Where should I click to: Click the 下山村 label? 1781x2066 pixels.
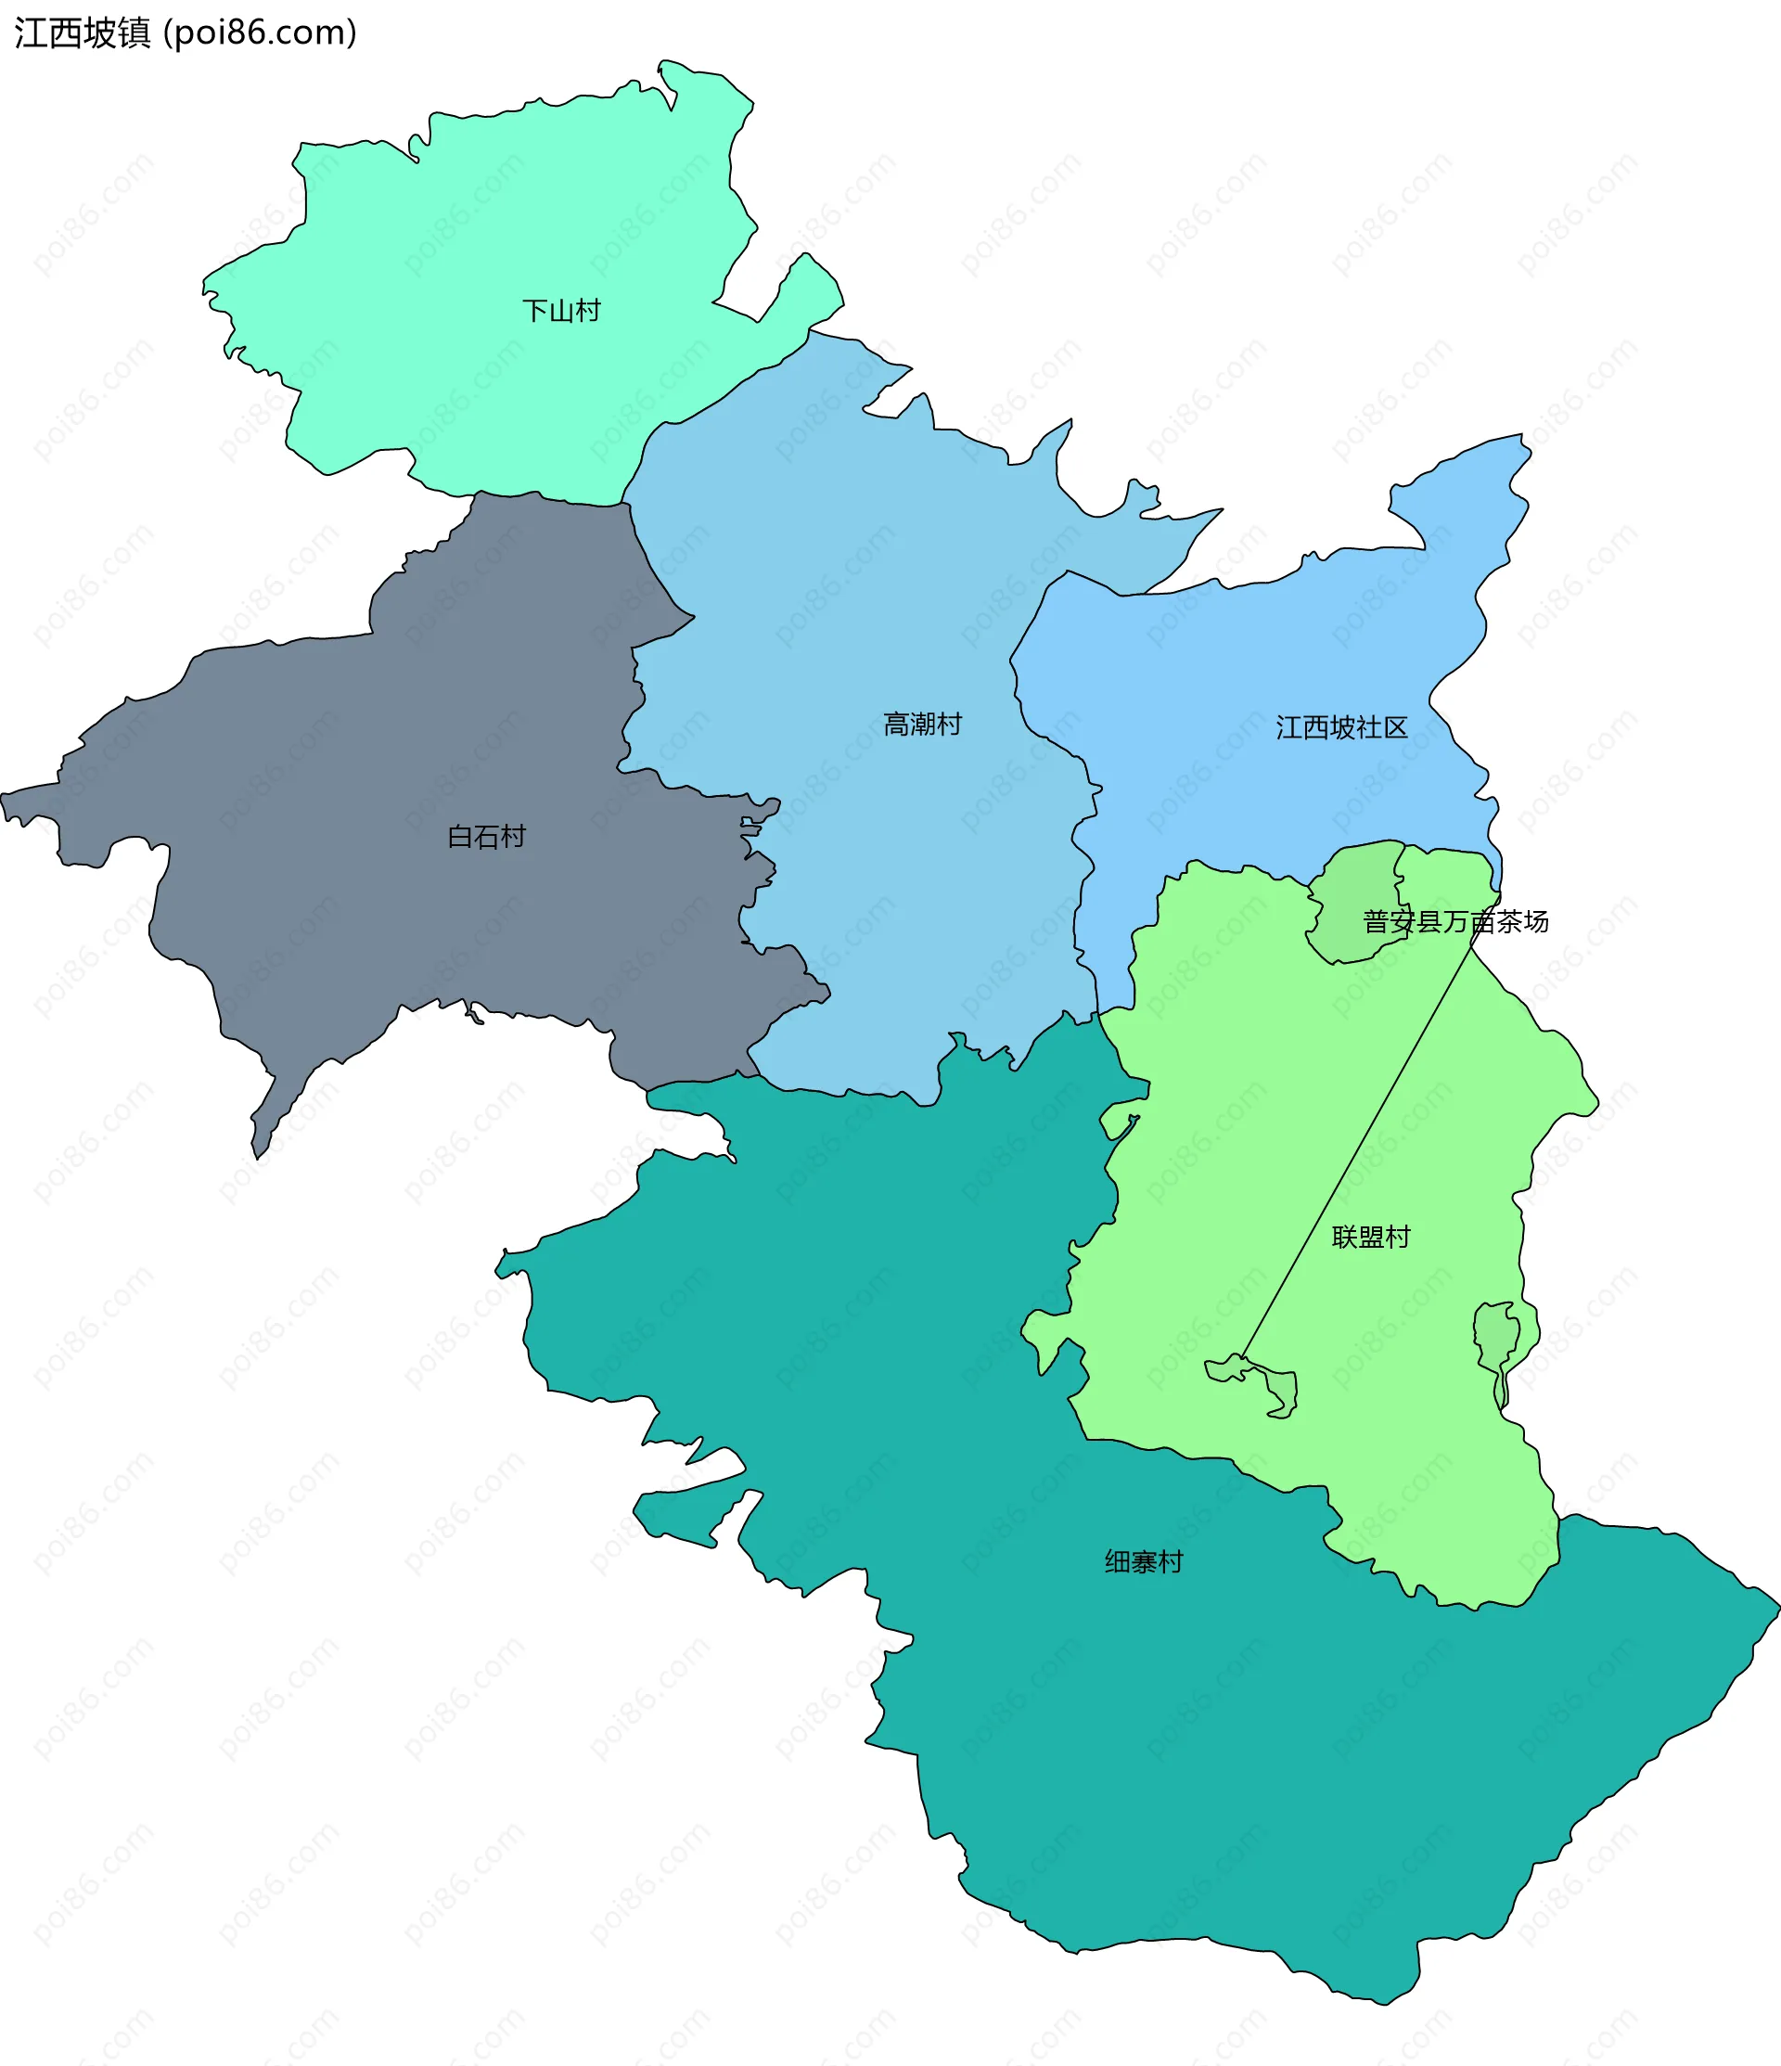pos(561,311)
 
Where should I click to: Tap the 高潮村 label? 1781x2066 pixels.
pos(922,724)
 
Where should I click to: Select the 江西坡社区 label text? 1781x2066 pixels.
pos(1341,728)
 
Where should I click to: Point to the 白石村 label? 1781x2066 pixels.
pos(486,837)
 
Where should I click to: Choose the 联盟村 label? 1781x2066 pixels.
pos(1371,1238)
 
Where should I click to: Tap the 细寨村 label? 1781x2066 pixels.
pos(1144,1562)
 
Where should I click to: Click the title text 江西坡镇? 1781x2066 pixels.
pos(82,32)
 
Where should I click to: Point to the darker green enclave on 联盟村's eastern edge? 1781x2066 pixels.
pos(1496,1336)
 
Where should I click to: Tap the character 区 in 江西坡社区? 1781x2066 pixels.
pos(1395,728)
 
